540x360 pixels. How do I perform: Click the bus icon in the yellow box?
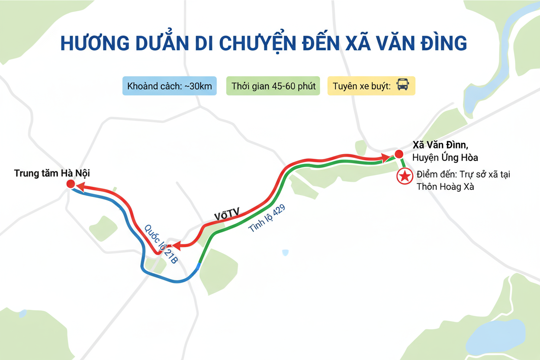(402, 85)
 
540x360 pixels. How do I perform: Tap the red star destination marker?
(405, 177)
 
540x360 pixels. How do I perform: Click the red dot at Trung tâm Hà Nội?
(71, 184)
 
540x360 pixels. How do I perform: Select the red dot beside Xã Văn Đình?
(398, 154)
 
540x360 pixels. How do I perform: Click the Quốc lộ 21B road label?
(161, 244)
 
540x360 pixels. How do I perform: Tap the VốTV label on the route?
(227, 214)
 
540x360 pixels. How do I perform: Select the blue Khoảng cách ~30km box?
(170, 86)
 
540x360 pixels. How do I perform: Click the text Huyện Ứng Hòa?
(445, 157)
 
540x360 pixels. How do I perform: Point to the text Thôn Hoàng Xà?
(445, 187)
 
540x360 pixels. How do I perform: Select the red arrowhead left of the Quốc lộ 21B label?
(178, 245)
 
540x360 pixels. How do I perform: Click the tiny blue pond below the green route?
(285, 252)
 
